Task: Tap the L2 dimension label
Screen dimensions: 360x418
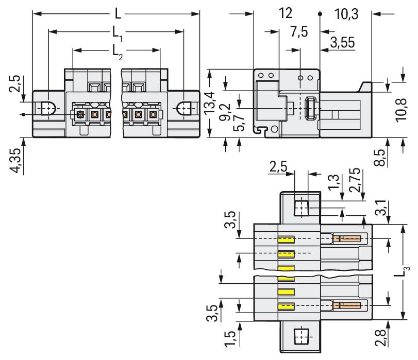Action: [x=118, y=50]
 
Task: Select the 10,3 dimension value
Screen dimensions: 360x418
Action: [x=346, y=14]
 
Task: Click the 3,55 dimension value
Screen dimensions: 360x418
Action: [x=342, y=43]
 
